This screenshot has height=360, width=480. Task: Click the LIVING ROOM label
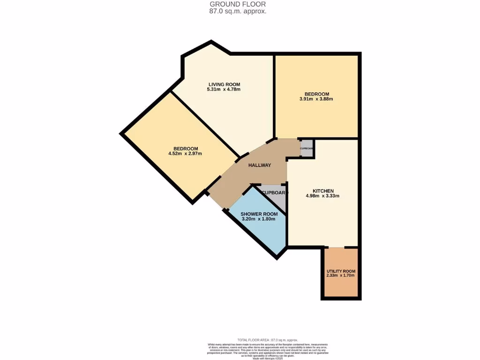coord(224,84)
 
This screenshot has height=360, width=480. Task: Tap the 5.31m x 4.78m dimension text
coord(224,90)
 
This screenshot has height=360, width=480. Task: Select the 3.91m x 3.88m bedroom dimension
coord(316,99)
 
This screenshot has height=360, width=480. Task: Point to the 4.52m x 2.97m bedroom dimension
coord(185,154)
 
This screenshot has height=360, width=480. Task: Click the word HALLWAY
coord(260,165)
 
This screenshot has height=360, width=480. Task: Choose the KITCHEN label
coord(323,191)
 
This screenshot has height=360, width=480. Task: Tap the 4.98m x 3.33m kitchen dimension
coord(323,196)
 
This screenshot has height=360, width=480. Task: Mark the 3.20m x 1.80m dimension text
coord(258,219)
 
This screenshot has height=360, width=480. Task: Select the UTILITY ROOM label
coord(341,271)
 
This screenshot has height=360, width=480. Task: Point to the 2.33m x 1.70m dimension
coord(341,276)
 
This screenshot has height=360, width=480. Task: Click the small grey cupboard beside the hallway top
coord(307,149)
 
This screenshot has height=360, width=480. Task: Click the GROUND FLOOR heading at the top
coord(238,4)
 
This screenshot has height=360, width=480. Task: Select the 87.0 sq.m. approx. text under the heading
coord(238,11)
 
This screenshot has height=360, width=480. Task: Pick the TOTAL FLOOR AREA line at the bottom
coord(267,340)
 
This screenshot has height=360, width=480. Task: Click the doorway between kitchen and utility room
coord(337,247)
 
